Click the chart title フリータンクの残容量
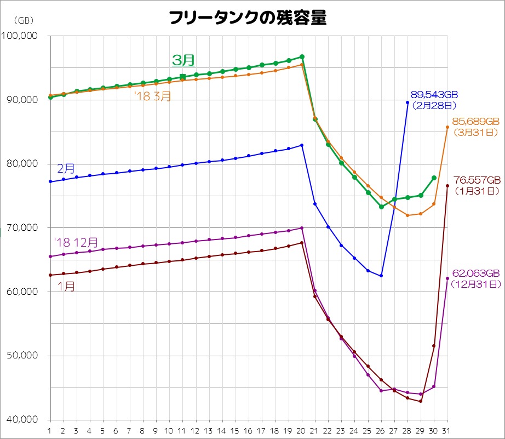point(248,18)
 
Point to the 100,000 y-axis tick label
point(20,36)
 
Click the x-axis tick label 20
point(302,430)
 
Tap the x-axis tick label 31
point(447,430)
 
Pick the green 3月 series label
point(183,60)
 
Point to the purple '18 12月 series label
point(76,242)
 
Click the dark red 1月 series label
point(66,287)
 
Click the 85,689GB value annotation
point(476,122)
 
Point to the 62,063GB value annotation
point(476,273)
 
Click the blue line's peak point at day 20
point(302,145)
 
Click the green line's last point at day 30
point(434,178)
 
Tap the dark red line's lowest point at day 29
point(421,401)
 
